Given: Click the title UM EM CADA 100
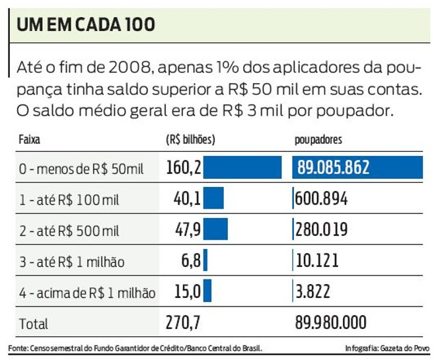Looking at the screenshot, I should point(86,25).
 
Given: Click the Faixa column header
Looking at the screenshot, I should point(31,140).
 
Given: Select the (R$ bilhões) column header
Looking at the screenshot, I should point(191,140).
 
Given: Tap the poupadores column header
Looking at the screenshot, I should point(318,140).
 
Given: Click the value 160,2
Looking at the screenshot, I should point(184,168).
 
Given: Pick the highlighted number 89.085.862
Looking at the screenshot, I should point(333,168).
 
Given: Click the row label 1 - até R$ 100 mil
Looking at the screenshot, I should point(69,199).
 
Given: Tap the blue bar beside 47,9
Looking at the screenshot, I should point(216,229).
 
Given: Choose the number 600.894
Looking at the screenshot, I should point(322,199).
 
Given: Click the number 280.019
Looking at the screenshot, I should point(322,229).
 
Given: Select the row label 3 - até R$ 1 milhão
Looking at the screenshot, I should point(72,262).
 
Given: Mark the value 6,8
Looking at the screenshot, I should point(192,260).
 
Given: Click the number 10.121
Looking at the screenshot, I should point(317,260).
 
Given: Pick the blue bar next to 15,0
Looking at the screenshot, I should point(207,291).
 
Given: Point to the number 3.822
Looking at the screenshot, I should point(313,291).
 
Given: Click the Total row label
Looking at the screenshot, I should point(34,324).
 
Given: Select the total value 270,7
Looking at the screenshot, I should point(184,323).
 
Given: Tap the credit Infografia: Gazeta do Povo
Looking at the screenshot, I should point(386,348).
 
